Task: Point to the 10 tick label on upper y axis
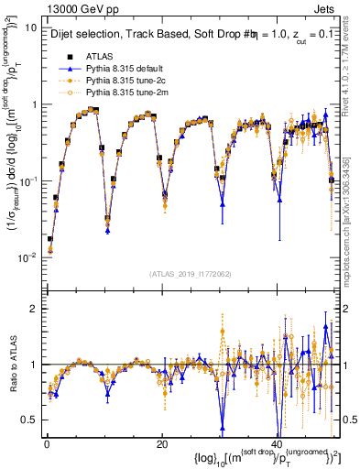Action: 29,27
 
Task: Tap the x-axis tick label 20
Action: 162,444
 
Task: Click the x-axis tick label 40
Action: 277,444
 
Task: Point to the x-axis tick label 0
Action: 47,444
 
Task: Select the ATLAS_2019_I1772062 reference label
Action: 190,274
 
